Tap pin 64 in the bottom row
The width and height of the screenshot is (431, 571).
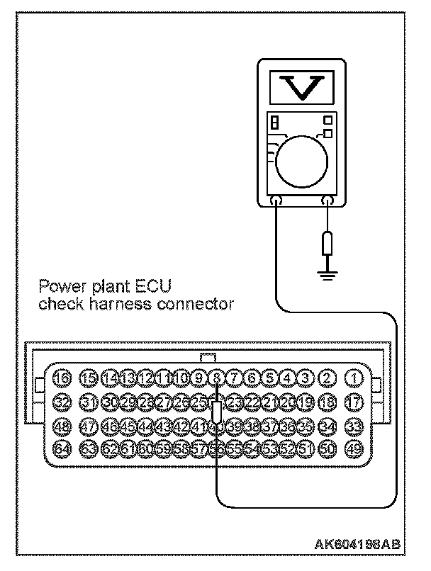tap(63, 448)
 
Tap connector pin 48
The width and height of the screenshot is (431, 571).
tap(63, 426)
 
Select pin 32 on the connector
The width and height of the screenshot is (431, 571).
tap(63, 402)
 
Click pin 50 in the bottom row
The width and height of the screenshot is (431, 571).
tap(327, 448)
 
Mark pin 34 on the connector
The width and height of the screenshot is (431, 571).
tap(327, 426)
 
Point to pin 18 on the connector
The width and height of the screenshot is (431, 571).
tap(327, 402)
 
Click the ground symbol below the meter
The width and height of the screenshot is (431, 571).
tap(325, 273)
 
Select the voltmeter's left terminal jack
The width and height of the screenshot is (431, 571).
tap(276, 202)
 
